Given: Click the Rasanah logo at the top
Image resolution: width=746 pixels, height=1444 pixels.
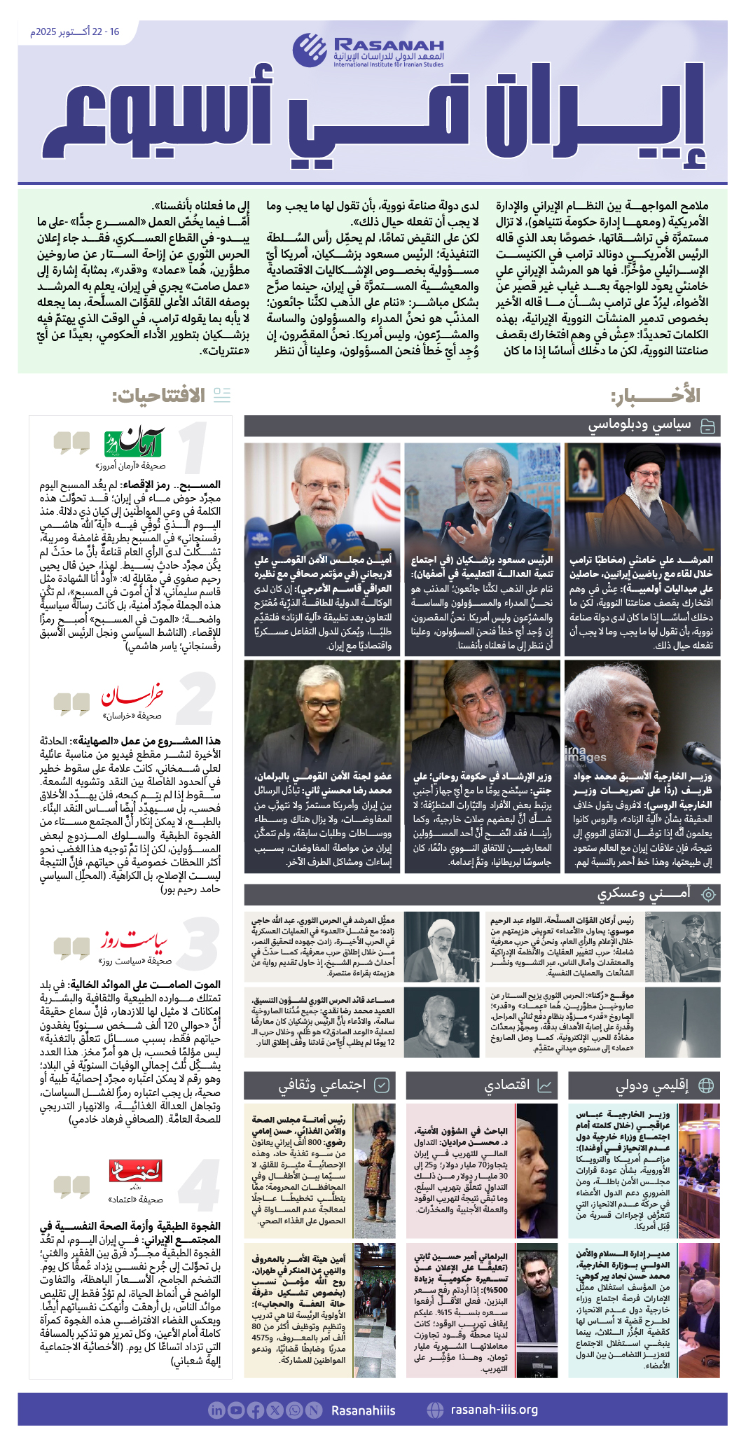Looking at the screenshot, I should point(368,50).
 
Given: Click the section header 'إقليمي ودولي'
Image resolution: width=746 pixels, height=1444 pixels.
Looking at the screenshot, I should point(651,1085).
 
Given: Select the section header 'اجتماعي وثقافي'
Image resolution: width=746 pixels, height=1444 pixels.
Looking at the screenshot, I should point(322,1085).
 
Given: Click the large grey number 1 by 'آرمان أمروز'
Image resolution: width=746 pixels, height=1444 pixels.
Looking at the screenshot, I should point(194,449).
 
